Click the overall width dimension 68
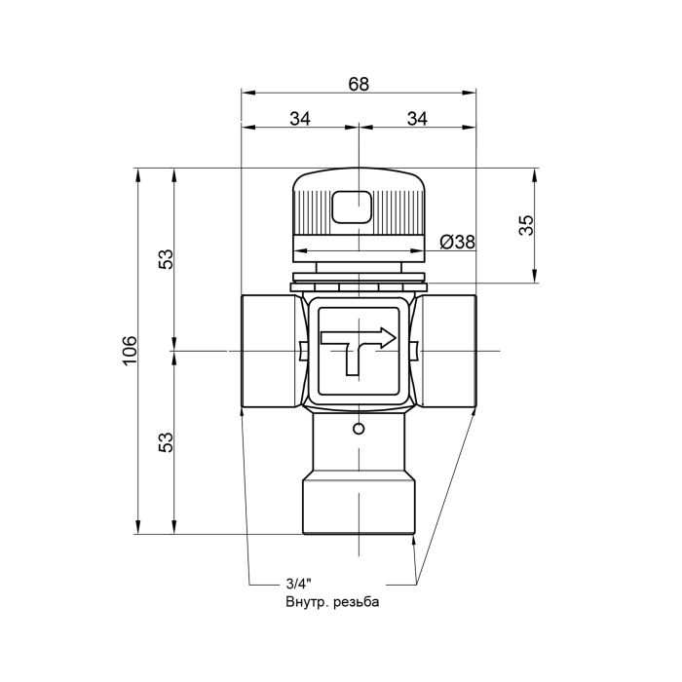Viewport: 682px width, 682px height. click(359, 84)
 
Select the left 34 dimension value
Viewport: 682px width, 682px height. click(300, 118)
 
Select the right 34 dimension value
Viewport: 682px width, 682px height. click(417, 118)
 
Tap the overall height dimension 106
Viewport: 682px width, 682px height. click(131, 351)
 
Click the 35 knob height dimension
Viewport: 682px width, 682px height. click(526, 226)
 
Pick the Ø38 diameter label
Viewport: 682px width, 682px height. click(456, 243)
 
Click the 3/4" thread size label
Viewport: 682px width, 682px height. click(297, 585)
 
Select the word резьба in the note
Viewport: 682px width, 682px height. click(356, 603)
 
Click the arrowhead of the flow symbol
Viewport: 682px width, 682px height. click(389, 338)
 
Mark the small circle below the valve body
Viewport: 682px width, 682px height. click(359, 430)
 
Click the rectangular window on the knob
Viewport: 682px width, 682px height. click(351, 208)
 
